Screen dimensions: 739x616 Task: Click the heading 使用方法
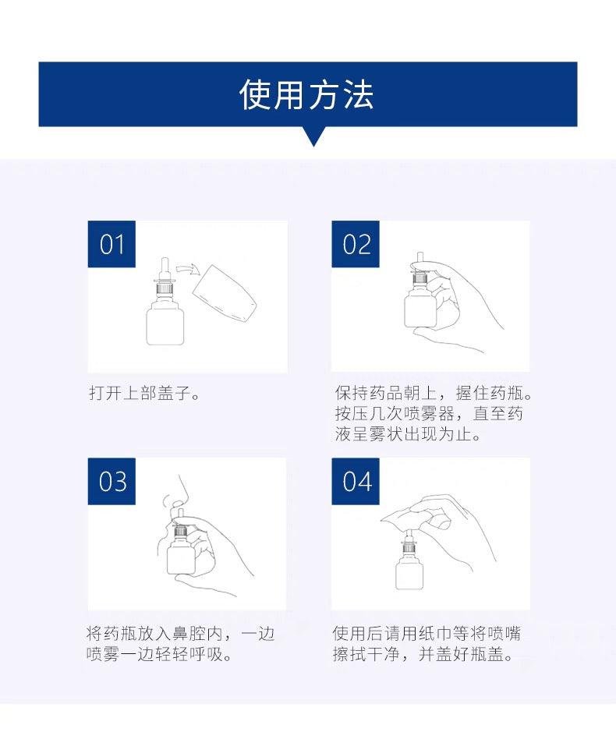pyautogui.click(x=307, y=94)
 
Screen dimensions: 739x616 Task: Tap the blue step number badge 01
pyautogui.click(x=112, y=244)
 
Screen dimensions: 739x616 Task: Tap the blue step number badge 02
pyautogui.click(x=356, y=244)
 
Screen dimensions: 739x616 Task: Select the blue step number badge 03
pyautogui.click(x=112, y=481)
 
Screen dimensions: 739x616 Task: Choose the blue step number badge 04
pyautogui.click(x=356, y=481)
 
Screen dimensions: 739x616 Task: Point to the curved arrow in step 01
pyautogui.click(x=187, y=270)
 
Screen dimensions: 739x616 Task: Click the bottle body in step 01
pyautogui.click(x=165, y=325)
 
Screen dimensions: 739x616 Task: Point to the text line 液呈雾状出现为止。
pyautogui.click(x=408, y=434)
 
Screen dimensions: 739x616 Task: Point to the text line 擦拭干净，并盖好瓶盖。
pyautogui.click(x=423, y=654)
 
